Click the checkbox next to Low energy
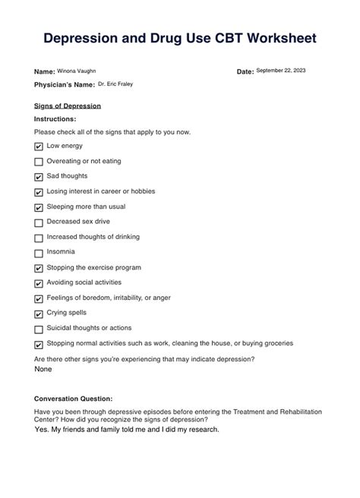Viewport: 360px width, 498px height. tap(39, 147)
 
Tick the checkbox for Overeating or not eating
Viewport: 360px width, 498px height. tap(39, 162)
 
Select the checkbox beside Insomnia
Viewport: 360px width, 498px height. tap(39, 253)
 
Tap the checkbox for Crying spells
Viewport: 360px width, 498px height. tap(39, 314)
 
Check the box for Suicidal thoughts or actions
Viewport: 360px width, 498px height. tap(39, 329)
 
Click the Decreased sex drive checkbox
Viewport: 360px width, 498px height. tap(39, 222)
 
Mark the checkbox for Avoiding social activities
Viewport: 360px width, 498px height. tap(39, 283)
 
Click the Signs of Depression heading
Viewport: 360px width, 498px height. tap(68, 106)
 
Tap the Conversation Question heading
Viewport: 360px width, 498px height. tap(74, 399)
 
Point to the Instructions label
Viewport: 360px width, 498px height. tap(55, 119)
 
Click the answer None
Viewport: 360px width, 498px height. tap(43, 368)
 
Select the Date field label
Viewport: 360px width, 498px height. tap(245, 71)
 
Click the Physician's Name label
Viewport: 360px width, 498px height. tap(64, 85)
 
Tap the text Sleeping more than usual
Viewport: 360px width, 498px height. tap(86, 206)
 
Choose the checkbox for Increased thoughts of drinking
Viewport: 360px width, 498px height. tap(39, 238)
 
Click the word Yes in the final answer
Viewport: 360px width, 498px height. tap(42, 429)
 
